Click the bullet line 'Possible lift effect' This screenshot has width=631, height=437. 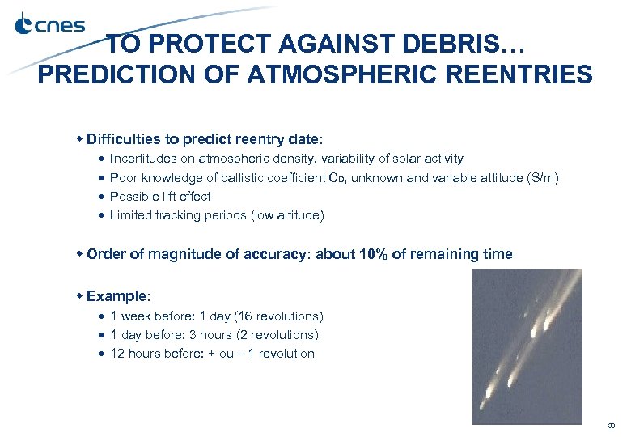click(159, 196)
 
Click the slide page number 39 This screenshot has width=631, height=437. click(612, 425)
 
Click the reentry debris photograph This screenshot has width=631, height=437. click(527, 346)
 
